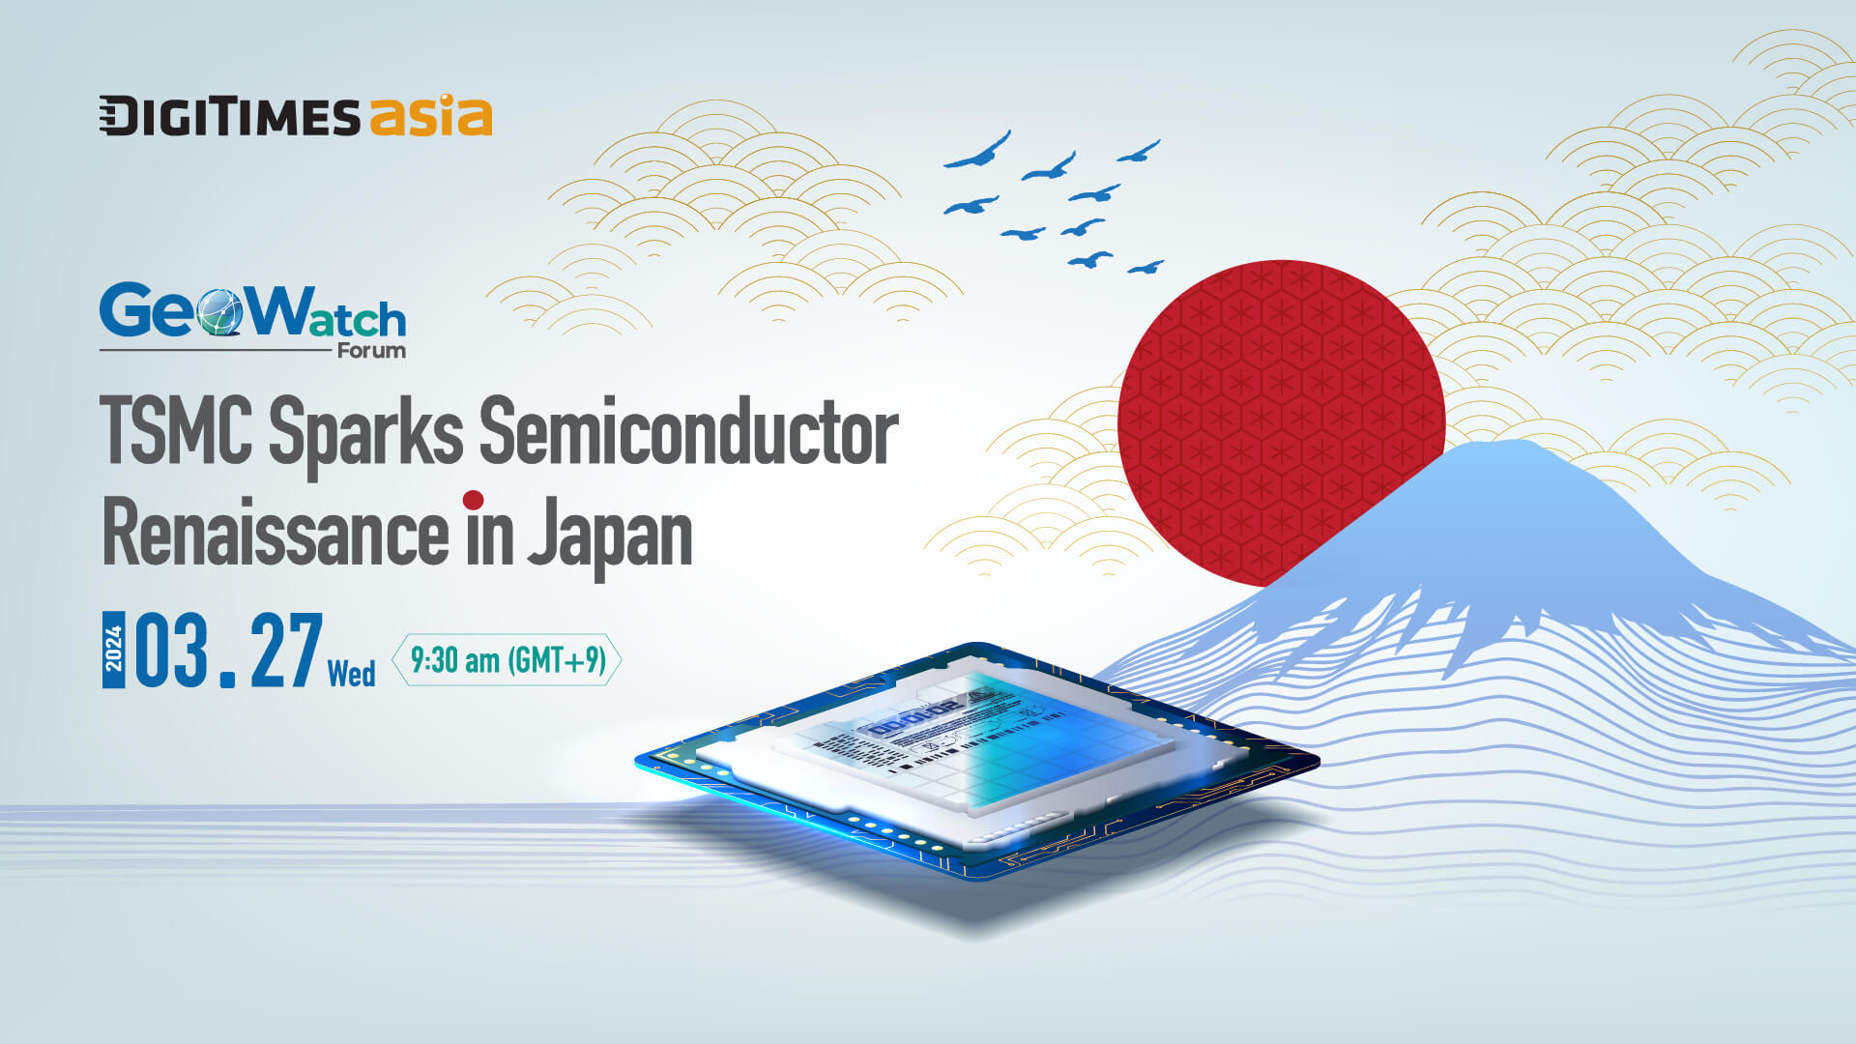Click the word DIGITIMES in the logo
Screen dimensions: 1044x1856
[x=229, y=117]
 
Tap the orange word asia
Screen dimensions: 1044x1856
[x=430, y=116]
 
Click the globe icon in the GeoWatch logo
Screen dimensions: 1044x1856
[x=219, y=312]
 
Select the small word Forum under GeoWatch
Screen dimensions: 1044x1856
[x=371, y=351]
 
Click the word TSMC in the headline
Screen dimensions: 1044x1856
[x=176, y=431]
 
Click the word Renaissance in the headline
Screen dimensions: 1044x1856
[x=275, y=534]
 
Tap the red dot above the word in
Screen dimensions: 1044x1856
[x=473, y=500]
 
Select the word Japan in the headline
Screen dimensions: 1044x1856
[x=610, y=536]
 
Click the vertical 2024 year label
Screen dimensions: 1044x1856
[x=114, y=650]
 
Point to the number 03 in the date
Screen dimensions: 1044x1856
[x=172, y=652]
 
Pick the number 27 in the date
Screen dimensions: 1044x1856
[x=286, y=652]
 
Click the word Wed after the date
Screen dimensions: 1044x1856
[x=351, y=673]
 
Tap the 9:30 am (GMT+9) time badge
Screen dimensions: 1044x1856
[x=507, y=660]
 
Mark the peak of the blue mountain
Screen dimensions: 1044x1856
[x=1513, y=447]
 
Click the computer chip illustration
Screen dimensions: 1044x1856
[x=976, y=764]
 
